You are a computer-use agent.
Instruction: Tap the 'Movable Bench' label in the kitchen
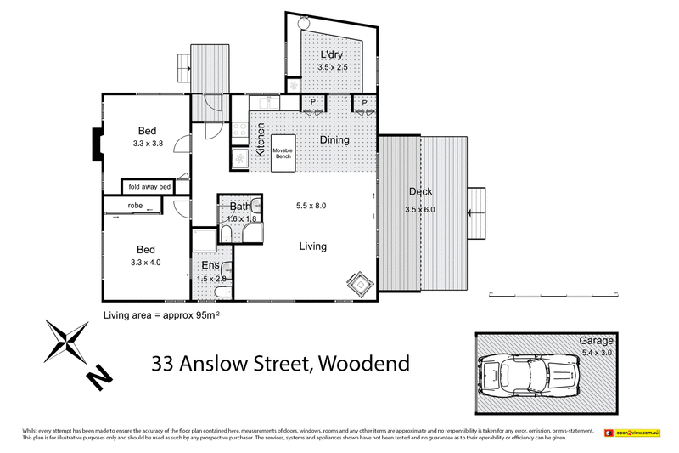click(283, 153)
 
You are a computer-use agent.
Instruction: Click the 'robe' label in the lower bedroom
click(136, 206)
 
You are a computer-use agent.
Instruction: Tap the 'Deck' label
click(421, 191)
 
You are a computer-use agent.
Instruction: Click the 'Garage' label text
click(596, 340)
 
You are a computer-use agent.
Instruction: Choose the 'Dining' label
click(334, 139)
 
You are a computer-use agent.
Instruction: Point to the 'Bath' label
click(239, 207)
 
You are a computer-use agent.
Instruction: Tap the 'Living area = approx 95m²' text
click(161, 314)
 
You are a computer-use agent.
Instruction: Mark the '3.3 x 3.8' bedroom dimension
click(148, 144)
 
